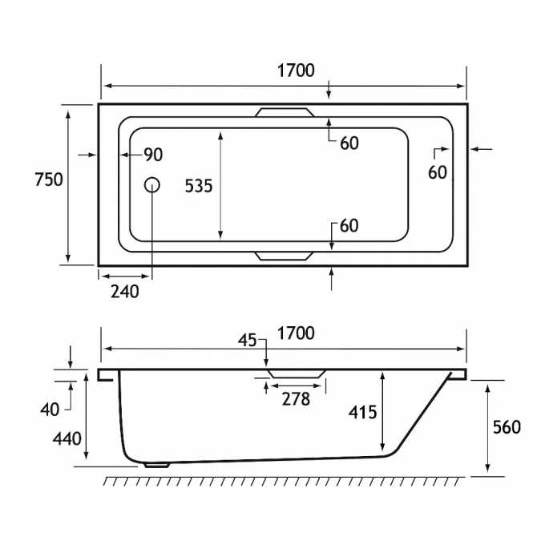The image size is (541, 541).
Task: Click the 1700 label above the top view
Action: pyautogui.click(x=296, y=71)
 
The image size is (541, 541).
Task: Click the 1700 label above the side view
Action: pyautogui.click(x=296, y=333)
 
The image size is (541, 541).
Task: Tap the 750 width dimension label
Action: pyautogui.click(x=49, y=180)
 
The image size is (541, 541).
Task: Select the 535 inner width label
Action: pyautogui.click(x=199, y=186)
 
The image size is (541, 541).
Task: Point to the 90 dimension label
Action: pyautogui.click(x=153, y=155)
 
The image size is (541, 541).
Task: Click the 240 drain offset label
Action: pyautogui.click(x=125, y=292)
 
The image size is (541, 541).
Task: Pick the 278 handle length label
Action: pyautogui.click(x=296, y=400)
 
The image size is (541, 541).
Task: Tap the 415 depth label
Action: pyautogui.click(x=362, y=412)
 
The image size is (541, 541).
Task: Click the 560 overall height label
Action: pyautogui.click(x=507, y=427)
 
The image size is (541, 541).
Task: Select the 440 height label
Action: pyautogui.click(x=67, y=439)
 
